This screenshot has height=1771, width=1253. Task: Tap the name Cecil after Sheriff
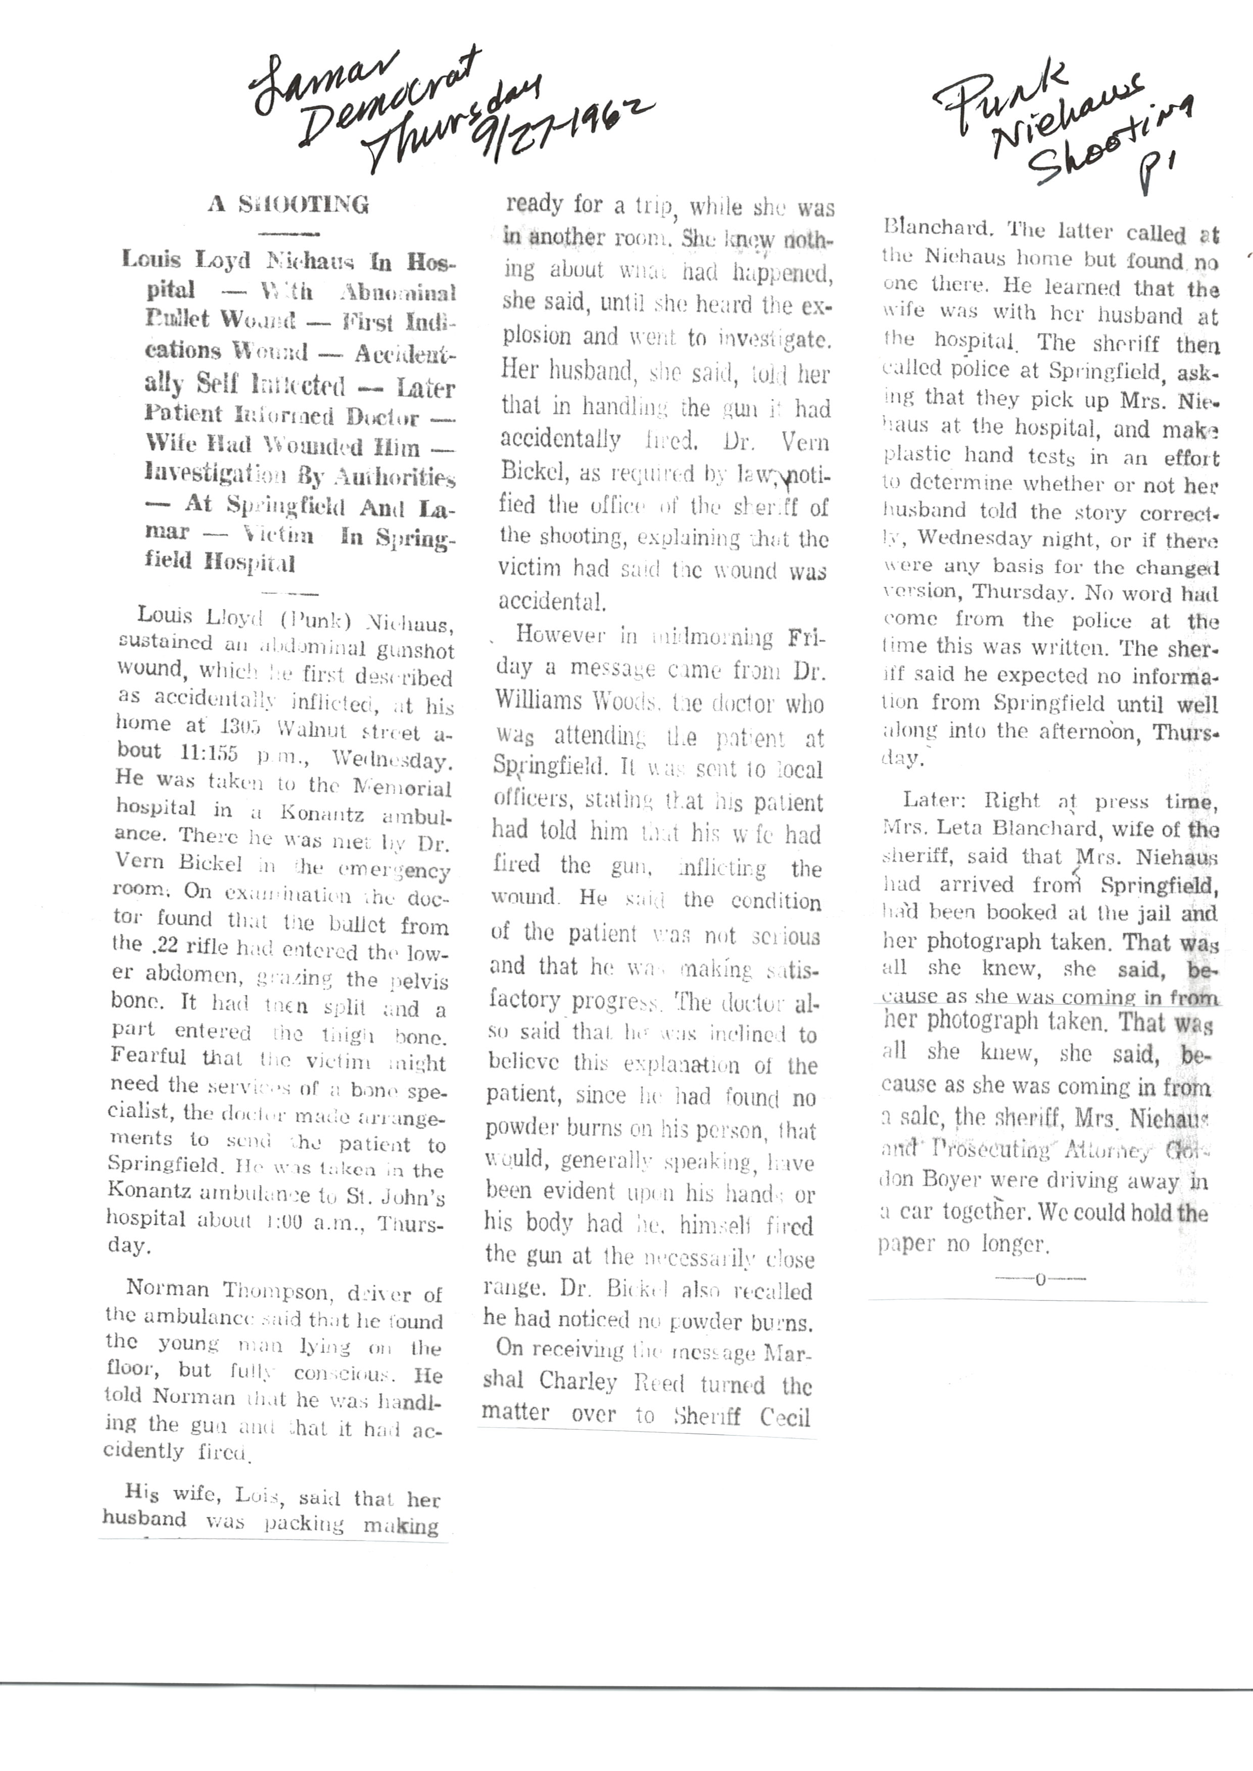coord(785,1416)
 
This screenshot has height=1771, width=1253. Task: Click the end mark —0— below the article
coord(1039,1279)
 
